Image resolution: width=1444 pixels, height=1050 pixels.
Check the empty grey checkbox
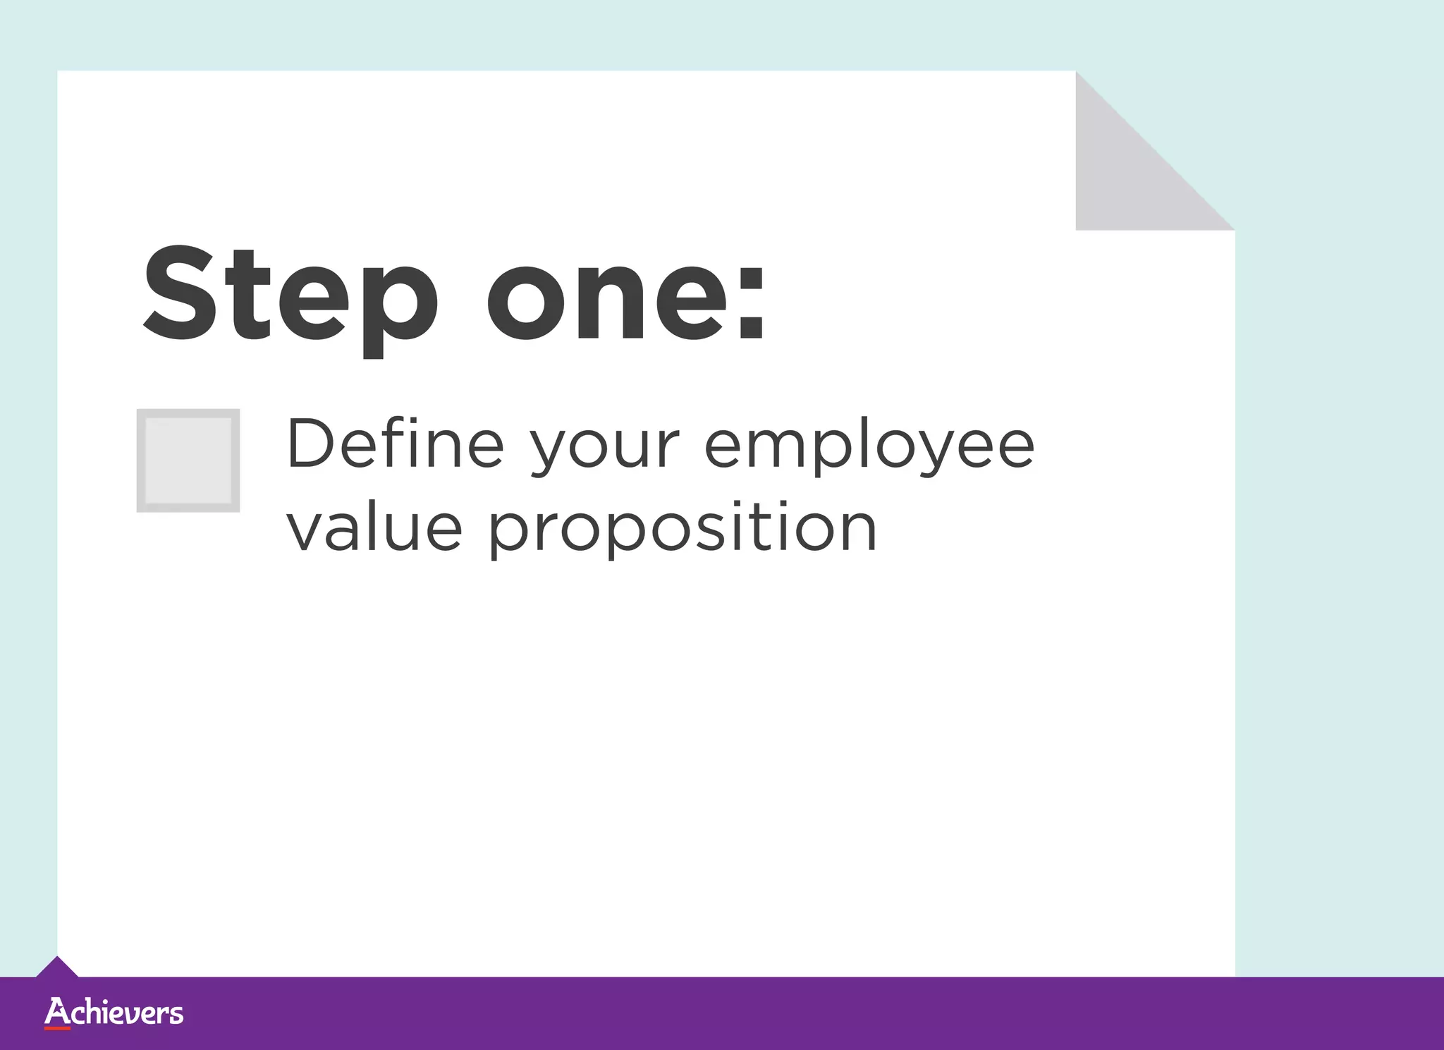click(x=188, y=460)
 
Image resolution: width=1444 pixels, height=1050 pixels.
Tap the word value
click(x=374, y=529)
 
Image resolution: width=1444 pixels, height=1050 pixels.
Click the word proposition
click(x=683, y=532)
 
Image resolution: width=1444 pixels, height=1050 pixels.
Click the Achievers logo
click(x=114, y=1013)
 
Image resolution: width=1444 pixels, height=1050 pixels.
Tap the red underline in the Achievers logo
click(x=57, y=1028)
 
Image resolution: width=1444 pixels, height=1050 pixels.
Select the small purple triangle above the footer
click(x=57, y=967)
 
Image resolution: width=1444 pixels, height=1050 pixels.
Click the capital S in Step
click(x=180, y=292)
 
